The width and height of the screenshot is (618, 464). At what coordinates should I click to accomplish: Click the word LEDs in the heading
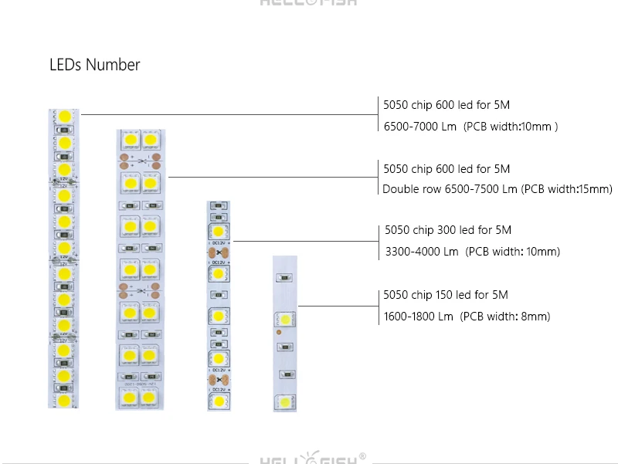pos(66,65)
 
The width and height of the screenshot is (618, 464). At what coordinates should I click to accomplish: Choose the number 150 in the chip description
pos(446,295)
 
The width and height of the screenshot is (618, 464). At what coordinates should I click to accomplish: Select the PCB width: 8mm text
pos(505,317)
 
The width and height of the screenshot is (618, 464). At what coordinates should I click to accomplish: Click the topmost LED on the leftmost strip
pos(64,117)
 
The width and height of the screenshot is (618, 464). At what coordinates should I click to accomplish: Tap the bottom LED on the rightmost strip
pos(285,401)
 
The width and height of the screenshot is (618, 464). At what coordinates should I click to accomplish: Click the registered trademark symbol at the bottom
pos(362,456)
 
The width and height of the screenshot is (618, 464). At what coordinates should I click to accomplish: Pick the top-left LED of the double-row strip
pos(130,140)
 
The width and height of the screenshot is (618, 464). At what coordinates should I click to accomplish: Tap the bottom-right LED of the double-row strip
pos(151,398)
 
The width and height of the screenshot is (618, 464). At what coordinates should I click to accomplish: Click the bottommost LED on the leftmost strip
pos(64,401)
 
